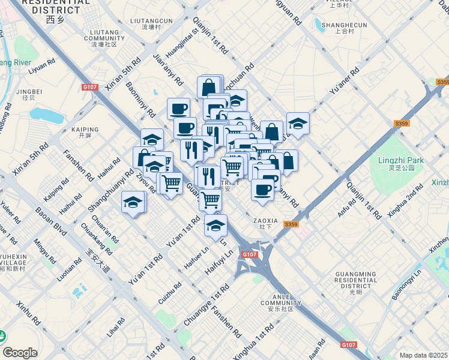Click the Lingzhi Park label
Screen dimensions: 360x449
[x=401, y=160]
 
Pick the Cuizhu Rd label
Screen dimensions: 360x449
[x=169, y=293]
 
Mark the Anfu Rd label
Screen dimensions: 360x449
[x=347, y=207]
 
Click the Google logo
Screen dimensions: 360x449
[x=19, y=352]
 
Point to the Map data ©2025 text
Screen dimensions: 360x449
[x=423, y=355]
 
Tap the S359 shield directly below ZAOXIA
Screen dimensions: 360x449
[x=291, y=224]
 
